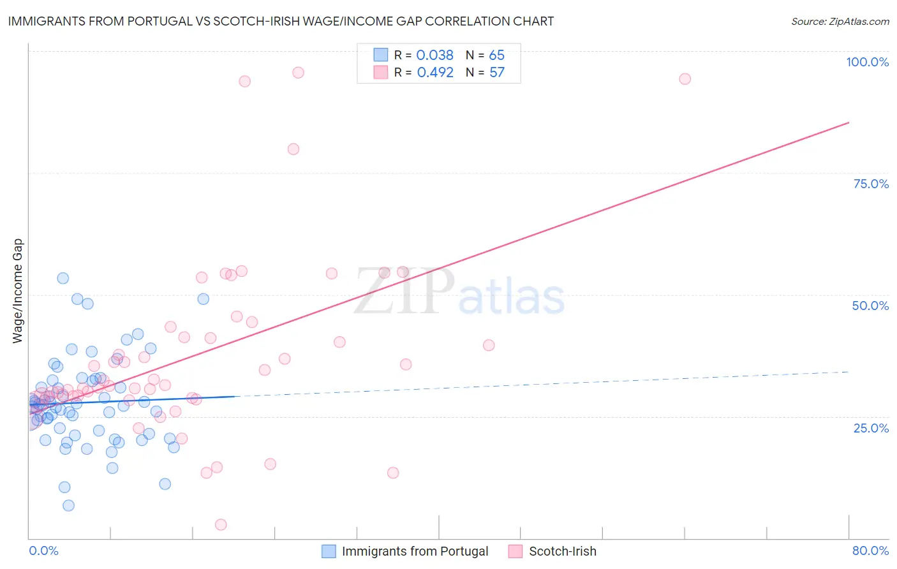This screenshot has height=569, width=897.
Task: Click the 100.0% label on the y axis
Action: [867, 62]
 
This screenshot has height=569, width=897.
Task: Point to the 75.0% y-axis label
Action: [871, 184]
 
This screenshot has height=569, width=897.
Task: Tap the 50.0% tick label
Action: [870, 306]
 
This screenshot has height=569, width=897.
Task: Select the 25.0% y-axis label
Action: [871, 428]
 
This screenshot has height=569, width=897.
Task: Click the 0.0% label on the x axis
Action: [43, 551]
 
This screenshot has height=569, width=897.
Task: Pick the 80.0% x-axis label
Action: [870, 551]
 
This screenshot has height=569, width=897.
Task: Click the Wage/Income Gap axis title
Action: [18, 291]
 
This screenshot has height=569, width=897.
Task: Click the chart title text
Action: [281, 21]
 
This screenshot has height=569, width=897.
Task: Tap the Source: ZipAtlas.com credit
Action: [840, 21]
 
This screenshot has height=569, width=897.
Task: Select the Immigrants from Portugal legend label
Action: [415, 551]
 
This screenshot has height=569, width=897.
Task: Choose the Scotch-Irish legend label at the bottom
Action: [562, 551]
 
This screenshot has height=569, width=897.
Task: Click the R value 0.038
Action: [434, 55]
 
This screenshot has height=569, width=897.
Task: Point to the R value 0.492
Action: [435, 73]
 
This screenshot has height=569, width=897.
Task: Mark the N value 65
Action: [496, 55]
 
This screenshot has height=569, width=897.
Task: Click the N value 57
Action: [496, 73]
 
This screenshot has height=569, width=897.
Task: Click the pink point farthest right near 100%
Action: [685, 79]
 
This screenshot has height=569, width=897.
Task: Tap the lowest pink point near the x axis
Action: [221, 524]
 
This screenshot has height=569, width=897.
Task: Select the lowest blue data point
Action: [68, 505]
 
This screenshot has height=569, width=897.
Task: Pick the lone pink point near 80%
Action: [293, 149]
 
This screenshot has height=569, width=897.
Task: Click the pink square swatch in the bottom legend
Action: [515, 551]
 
